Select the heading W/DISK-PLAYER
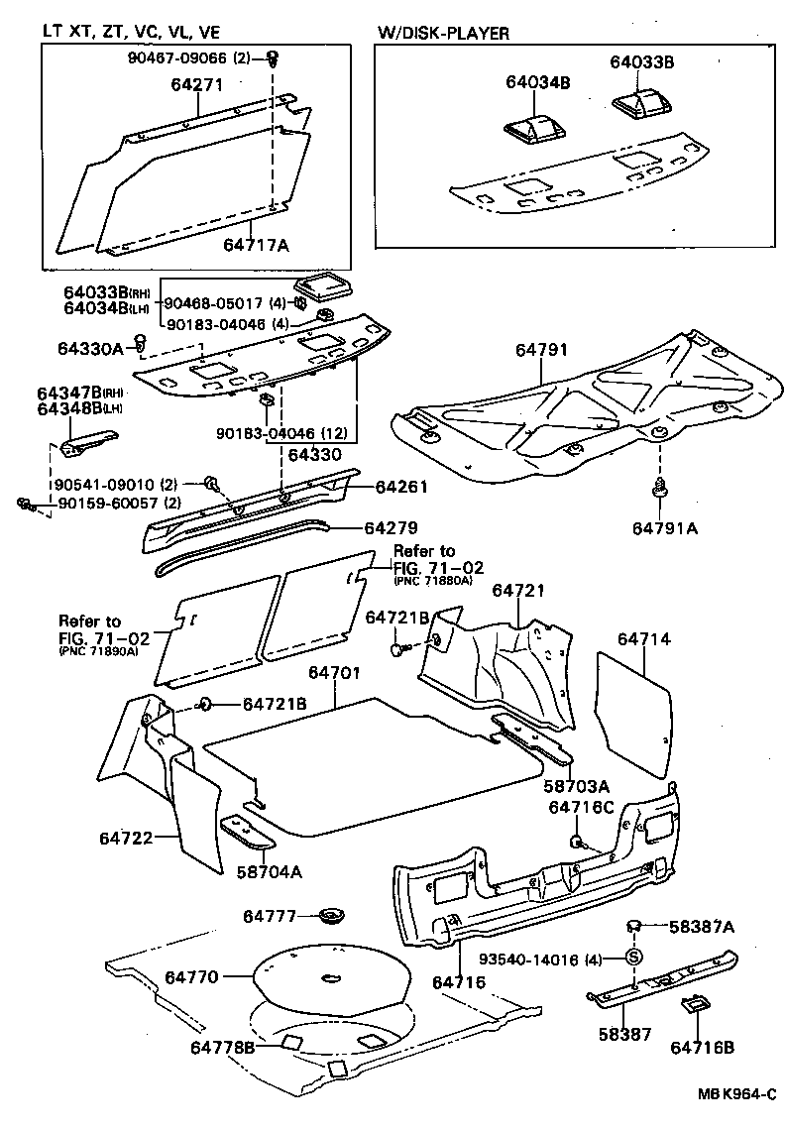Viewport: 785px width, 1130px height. [443, 33]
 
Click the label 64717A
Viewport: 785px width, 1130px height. [256, 244]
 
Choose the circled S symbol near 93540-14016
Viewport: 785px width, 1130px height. [632, 959]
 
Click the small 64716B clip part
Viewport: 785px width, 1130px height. [695, 1006]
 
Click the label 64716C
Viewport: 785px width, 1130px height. [582, 808]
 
